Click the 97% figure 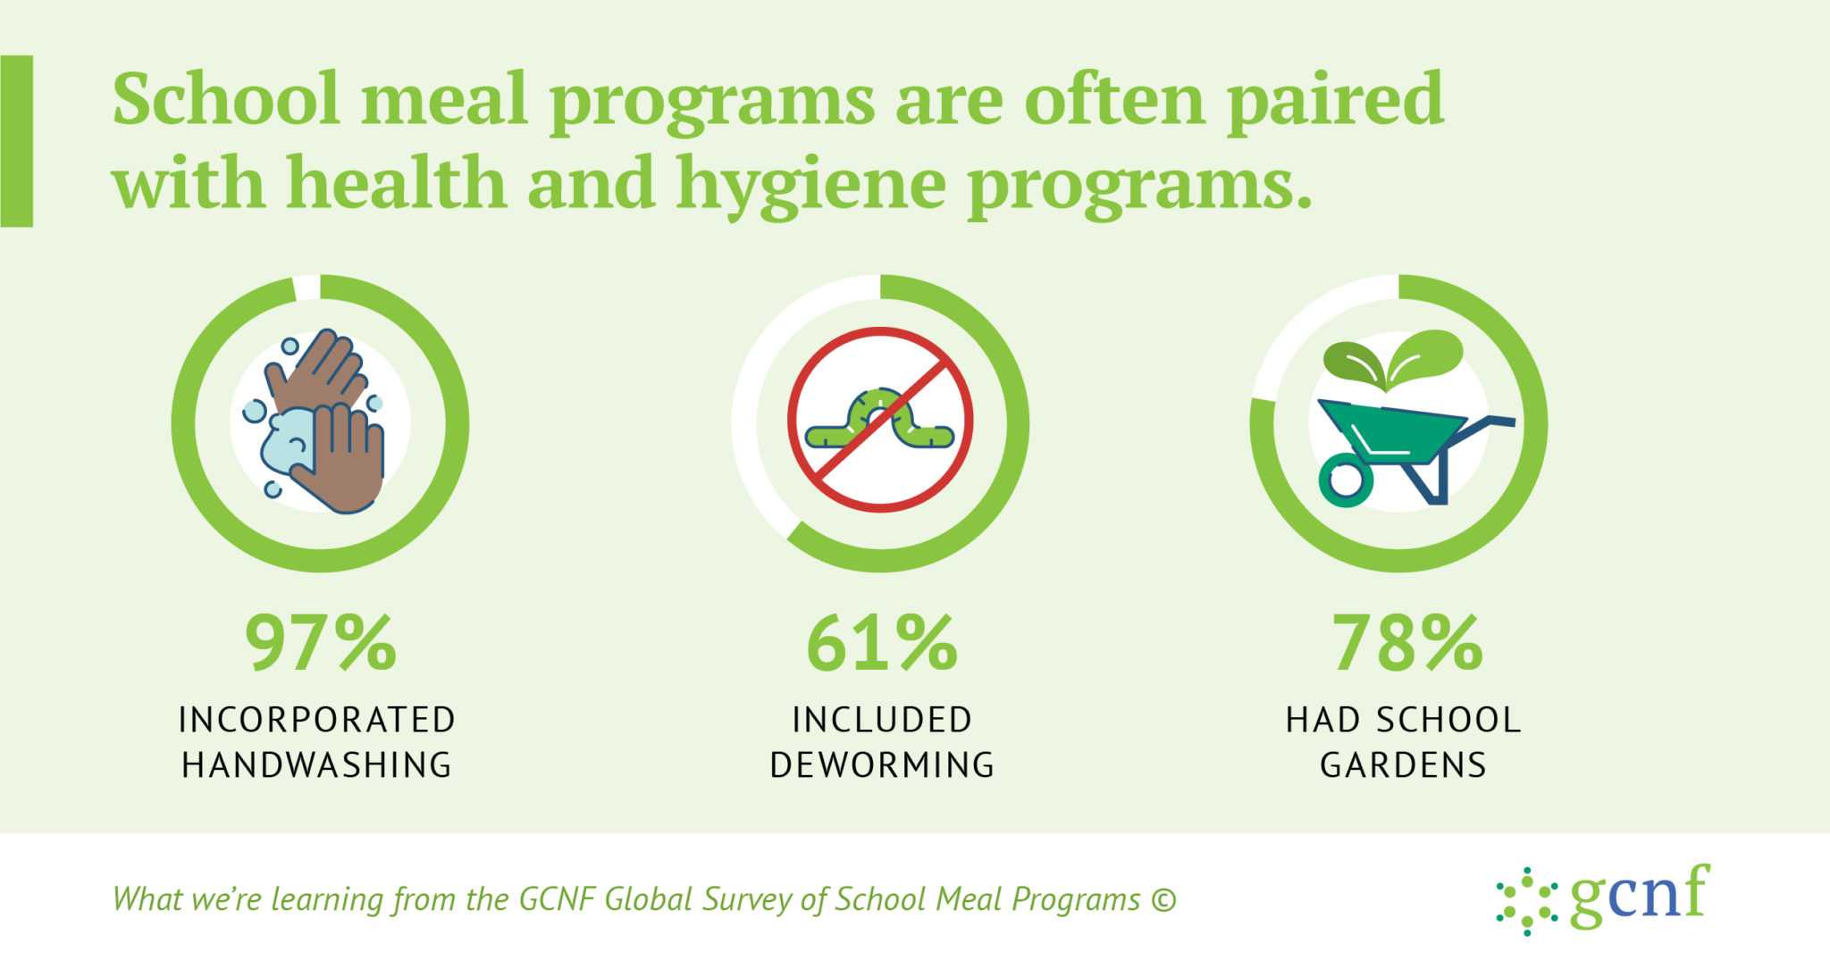(x=320, y=643)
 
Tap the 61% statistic (x=881, y=643)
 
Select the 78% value (x=1406, y=643)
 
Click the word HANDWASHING (x=317, y=765)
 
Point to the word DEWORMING (x=882, y=765)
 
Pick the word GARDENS (x=1403, y=765)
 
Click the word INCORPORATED (x=317, y=720)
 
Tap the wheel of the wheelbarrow (x=1345, y=480)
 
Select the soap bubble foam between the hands (x=288, y=439)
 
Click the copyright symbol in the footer (x=1163, y=899)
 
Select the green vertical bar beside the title (x=17, y=141)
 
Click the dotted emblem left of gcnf (x=1527, y=900)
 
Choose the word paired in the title (x=1335, y=100)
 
